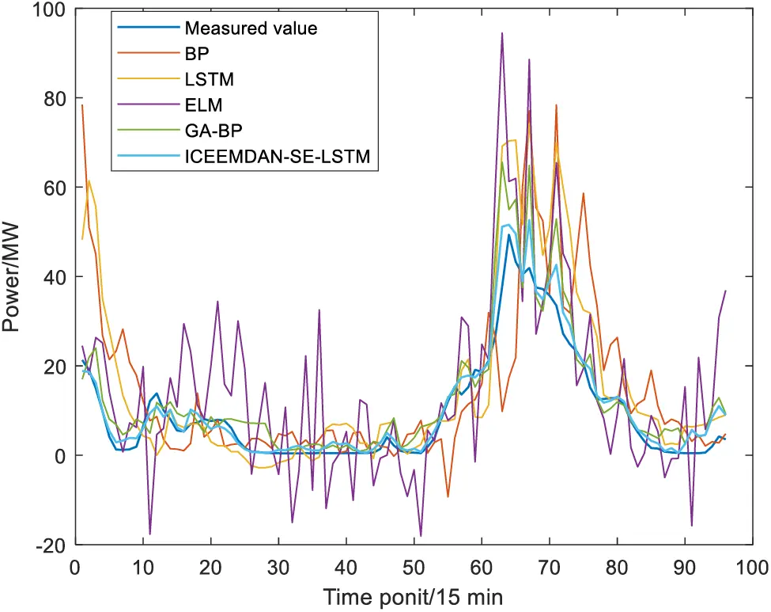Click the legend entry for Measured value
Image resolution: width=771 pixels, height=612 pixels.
[250, 29]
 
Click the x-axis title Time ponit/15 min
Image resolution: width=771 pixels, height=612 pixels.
[412, 595]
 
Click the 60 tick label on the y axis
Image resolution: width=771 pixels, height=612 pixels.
[56, 188]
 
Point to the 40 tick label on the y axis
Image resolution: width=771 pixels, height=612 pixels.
[56, 277]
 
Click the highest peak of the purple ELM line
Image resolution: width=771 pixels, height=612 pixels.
[501, 33]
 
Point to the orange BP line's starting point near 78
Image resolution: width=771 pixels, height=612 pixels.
[81, 105]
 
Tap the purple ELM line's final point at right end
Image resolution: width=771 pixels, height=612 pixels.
[725, 291]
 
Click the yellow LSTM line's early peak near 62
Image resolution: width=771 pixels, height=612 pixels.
[89, 180]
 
